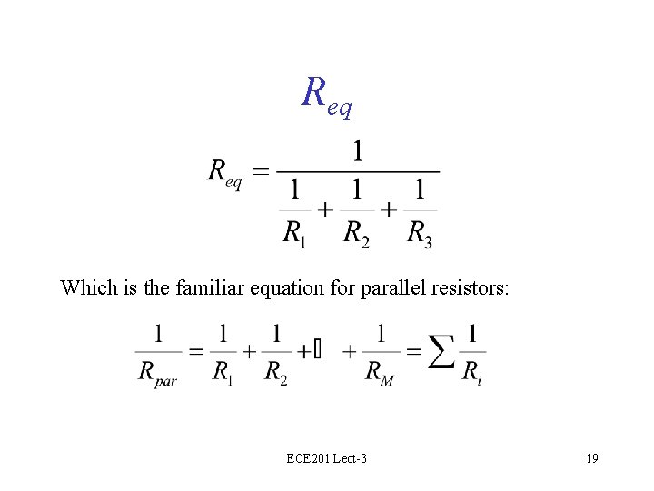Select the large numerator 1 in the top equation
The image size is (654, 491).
(x=358, y=150)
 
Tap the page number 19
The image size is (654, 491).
(x=592, y=458)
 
